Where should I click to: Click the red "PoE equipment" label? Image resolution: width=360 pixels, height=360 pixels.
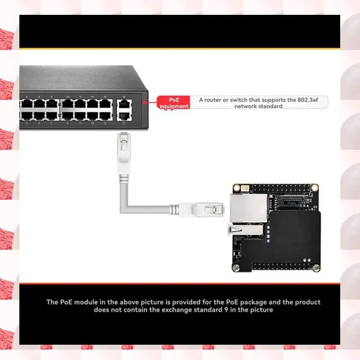[x=173, y=103]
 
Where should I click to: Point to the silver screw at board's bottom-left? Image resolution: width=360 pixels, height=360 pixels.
[x=236, y=267]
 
